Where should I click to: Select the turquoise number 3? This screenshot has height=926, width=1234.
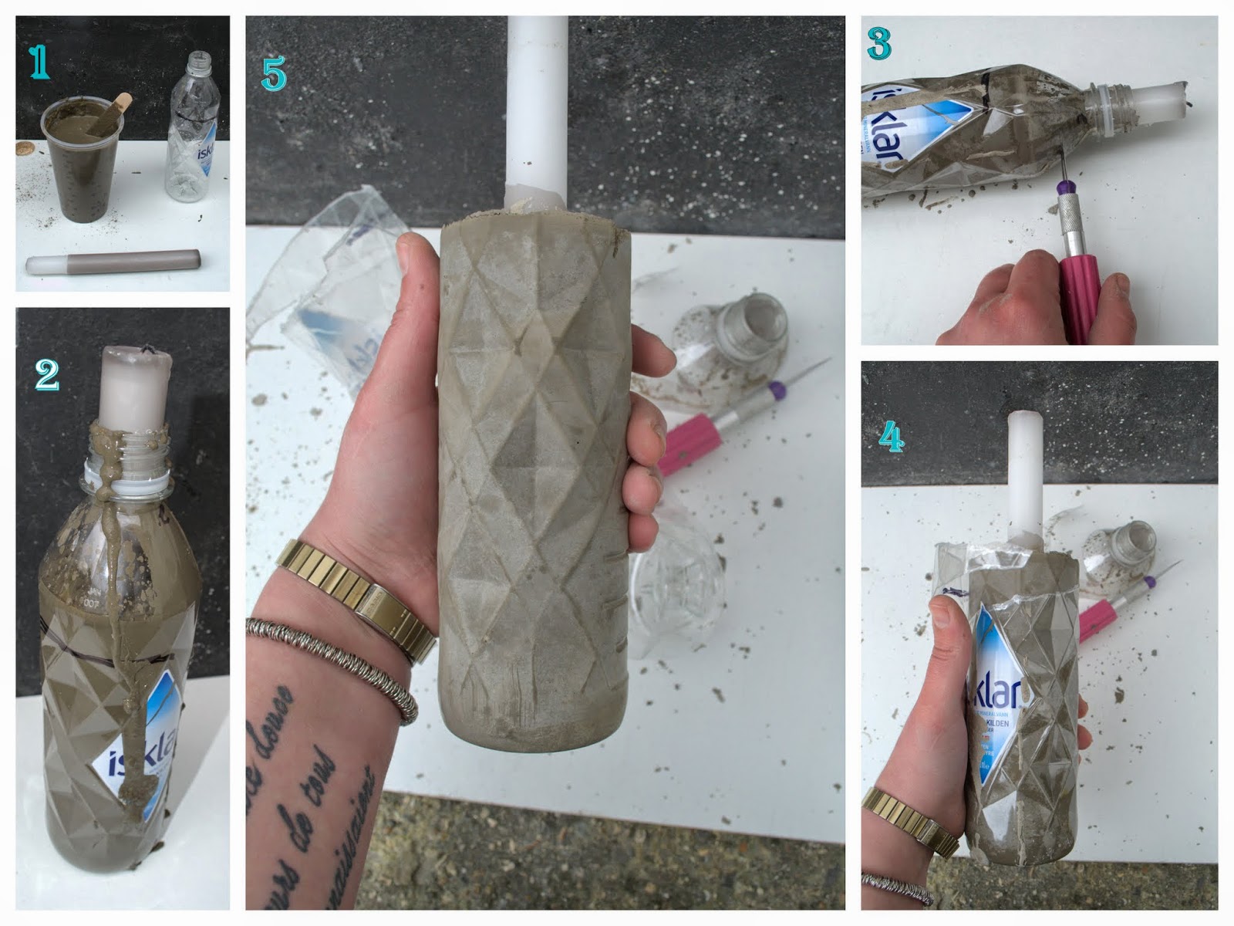pos(878,44)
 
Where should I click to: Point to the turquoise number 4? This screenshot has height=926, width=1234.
pos(891,437)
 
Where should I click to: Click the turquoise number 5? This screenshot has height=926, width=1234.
pos(274,73)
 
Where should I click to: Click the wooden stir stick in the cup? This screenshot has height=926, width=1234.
pos(116,113)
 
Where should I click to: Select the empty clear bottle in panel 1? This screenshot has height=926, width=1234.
pos(192,131)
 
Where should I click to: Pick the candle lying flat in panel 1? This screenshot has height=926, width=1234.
pos(113,262)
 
